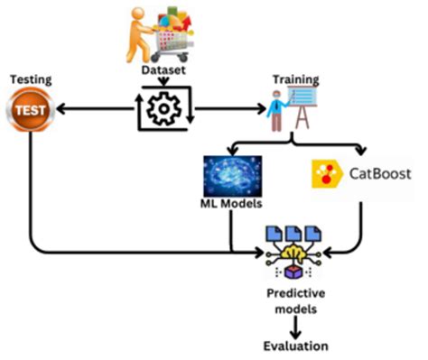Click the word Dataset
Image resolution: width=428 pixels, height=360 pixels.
[x=163, y=69]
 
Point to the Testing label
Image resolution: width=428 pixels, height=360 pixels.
[x=29, y=80]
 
